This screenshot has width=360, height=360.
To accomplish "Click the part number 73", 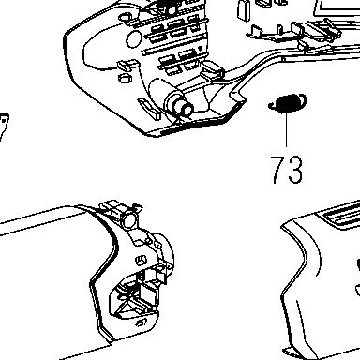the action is point(287,170).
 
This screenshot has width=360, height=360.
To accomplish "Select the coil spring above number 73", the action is point(287,103).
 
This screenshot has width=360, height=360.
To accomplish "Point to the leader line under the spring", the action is point(287,129).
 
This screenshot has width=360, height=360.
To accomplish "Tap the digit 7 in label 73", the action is point(278,170).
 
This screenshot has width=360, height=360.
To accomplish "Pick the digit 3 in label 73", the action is point(295,170).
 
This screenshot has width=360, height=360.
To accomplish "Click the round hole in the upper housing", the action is point(134,39).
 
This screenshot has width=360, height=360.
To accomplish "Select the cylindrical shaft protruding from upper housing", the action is point(180,105).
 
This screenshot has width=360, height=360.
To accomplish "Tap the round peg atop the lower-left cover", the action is point(129,217).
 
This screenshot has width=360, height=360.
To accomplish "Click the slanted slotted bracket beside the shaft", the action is point(149,109).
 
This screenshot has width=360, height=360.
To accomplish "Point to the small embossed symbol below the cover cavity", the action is point(142,322).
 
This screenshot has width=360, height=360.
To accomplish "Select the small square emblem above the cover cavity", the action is point(142,261).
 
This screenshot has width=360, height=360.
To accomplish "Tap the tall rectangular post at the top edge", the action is point(243,9).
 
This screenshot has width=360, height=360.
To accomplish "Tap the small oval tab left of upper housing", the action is point(125,78).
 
